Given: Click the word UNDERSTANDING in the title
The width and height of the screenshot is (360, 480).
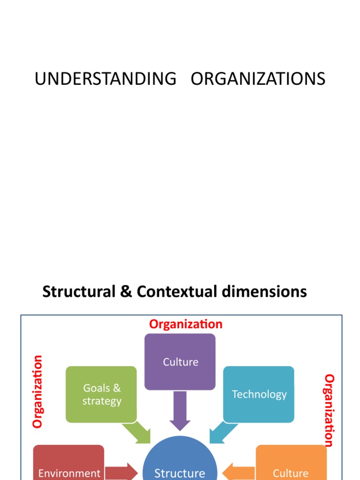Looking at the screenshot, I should point(105,79).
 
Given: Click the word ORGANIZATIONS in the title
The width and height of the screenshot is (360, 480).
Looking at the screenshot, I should point(258,79).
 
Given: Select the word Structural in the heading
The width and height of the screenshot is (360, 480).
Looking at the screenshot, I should point(78,292).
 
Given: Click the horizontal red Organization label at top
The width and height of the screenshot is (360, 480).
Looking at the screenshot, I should point(186,324).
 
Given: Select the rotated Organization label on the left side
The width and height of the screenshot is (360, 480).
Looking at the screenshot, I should point(37,391).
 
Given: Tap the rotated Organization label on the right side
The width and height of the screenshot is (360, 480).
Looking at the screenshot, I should point(330,410).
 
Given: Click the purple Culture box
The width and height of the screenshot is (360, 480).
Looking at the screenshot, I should point(180,362).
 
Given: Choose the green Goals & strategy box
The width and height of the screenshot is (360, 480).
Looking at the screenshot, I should point(101,394).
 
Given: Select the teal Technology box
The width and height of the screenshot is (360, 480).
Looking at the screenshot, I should point(259,394).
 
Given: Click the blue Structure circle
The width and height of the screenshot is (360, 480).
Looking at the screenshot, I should point(180,464).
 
